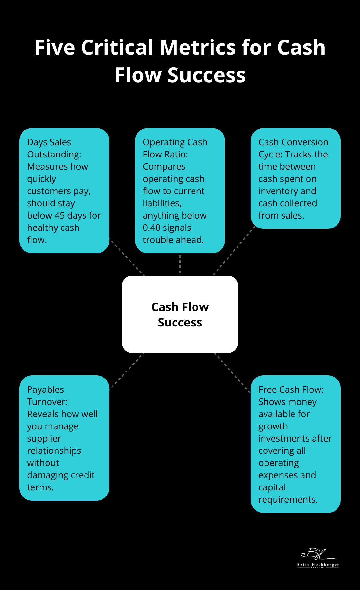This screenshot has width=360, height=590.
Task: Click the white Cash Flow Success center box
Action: pos(180,314)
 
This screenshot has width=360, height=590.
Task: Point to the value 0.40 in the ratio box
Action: pos(151,228)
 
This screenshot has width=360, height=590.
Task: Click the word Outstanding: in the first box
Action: pos(54,154)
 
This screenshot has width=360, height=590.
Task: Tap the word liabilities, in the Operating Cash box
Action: pos(162,203)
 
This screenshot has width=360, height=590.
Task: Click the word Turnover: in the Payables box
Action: pos(47,402)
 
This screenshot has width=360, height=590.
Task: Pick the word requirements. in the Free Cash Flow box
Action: pos(288,499)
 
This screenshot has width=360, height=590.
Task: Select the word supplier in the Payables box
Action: pos(44,438)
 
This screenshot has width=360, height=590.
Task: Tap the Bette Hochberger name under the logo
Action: pos(318,565)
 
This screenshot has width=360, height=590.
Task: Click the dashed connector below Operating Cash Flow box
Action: pos(180,264)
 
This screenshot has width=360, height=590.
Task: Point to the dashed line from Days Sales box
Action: pos(127,257)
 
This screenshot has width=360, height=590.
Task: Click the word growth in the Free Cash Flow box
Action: pos(273,426)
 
